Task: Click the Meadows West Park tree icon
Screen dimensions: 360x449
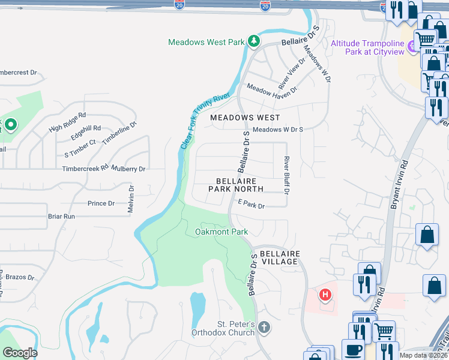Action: pyautogui.click(x=254, y=41)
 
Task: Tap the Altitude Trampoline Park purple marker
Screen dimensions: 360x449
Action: pyautogui.click(x=412, y=46)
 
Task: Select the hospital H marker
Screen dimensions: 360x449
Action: pyautogui.click(x=325, y=295)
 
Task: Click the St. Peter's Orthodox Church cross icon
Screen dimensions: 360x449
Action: pyautogui.click(x=264, y=328)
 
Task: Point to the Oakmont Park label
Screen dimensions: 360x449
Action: pyautogui.click(x=221, y=232)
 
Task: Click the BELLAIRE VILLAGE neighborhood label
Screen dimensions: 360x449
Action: pyautogui.click(x=275, y=257)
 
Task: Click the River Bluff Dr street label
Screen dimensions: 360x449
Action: pyautogui.click(x=286, y=176)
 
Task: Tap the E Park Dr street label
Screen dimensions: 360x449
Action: pyautogui.click(x=251, y=205)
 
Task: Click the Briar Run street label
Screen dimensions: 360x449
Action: pyautogui.click(x=61, y=216)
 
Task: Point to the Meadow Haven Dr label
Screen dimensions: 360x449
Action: pyautogui.click(x=272, y=89)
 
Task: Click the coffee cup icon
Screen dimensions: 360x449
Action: pyautogui.click(x=353, y=350)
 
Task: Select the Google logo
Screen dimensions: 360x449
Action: pyautogui.click(x=20, y=353)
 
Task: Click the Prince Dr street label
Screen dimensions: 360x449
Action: pyautogui.click(x=101, y=203)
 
